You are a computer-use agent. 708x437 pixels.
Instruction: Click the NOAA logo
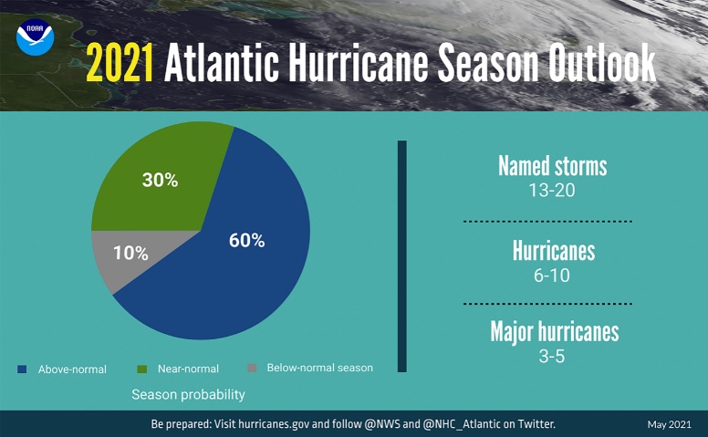tap(36, 36)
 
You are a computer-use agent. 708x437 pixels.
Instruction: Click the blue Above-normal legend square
tap(22, 369)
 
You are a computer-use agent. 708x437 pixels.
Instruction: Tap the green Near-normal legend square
tap(142, 369)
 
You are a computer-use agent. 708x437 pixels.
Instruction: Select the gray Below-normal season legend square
tap(252, 369)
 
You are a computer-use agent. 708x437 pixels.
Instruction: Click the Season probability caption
tap(188, 395)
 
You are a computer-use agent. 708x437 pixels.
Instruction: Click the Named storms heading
tap(552, 166)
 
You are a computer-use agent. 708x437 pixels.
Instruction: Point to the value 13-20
tap(552, 192)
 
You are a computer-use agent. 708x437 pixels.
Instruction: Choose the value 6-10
tap(553, 275)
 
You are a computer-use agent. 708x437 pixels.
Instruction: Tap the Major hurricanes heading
tap(554, 330)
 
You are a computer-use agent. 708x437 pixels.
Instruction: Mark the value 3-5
tap(552, 356)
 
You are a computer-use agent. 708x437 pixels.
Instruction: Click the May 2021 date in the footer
tap(670, 425)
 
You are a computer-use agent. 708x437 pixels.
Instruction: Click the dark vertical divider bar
tap(401, 255)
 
